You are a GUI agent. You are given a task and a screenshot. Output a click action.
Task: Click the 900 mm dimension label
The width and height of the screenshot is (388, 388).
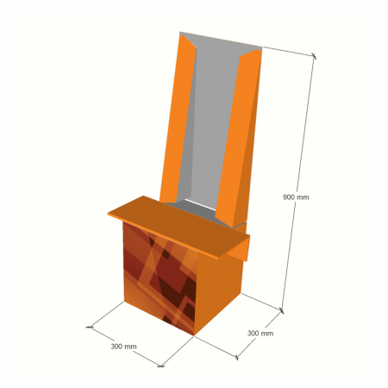(295, 197)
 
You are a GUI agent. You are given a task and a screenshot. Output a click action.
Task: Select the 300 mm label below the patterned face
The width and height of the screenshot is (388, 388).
(123, 346)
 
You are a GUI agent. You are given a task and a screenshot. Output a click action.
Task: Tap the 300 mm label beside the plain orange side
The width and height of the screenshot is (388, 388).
(260, 333)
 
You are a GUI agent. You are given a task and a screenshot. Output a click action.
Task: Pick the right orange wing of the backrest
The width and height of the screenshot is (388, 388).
(240, 138)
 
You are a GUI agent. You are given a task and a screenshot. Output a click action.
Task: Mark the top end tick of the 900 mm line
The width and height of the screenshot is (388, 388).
(314, 57)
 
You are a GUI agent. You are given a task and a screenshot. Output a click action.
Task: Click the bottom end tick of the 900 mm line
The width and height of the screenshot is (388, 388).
(282, 308)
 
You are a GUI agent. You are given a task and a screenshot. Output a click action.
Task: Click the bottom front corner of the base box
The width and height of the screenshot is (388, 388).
(193, 335)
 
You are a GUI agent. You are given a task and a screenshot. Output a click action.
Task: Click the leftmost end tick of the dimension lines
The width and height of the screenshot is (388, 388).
(90, 328)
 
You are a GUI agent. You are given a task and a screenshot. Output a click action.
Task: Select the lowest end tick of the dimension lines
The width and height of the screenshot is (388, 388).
(160, 366)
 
